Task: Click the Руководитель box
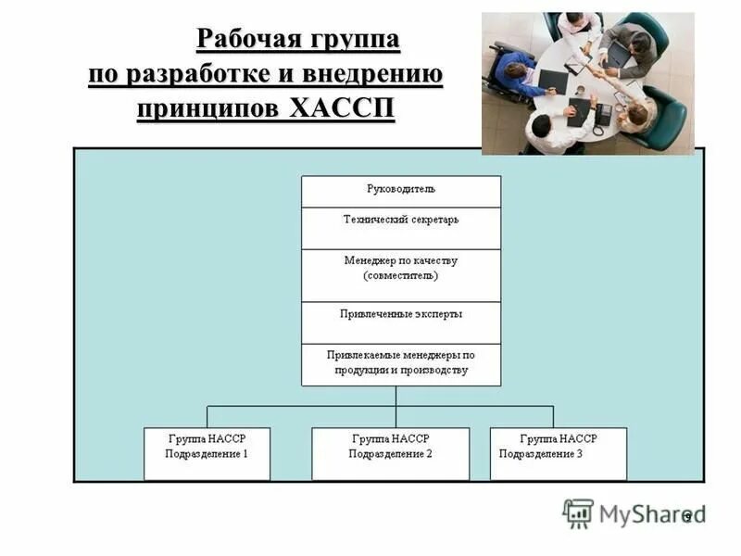pyautogui.click(x=400, y=190)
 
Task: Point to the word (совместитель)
pyautogui.click(x=400, y=275)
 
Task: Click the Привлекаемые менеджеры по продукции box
pyautogui.click(x=400, y=364)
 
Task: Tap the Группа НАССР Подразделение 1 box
pyautogui.click(x=207, y=453)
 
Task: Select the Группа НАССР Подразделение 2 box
pyautogui.click(x=390, y=453)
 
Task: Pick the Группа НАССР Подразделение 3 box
pyautogui.click(x=558, y=453)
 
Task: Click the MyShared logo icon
pyautogui.click(x=578, y=513)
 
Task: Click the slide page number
pyautogui.click(x=687, y=516)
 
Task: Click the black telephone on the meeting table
pyautogui.click(x=603, y=114)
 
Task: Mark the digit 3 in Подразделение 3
pyautogui.click(x=580, y=454)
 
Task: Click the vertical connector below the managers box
pyautogui.click(x=396, y=396)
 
